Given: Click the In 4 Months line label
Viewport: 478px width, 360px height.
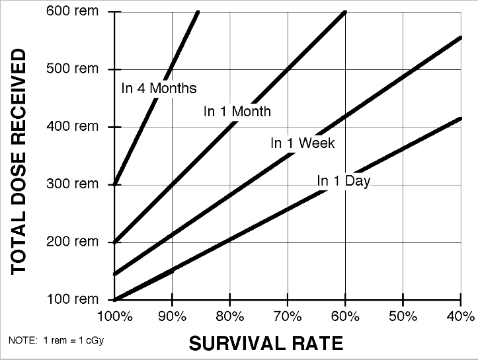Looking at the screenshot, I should (159, 88).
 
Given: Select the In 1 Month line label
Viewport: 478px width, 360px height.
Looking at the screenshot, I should (237, 112).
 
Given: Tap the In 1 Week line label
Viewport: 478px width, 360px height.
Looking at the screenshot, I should (303, 143).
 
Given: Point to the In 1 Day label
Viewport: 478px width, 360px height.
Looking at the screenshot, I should (343, 180).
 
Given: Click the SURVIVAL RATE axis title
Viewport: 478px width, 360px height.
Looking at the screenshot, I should (266, 343).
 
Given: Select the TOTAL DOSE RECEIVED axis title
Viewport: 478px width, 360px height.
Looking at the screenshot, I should (20, 161).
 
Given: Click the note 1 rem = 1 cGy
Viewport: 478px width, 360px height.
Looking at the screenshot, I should (56, 340).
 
